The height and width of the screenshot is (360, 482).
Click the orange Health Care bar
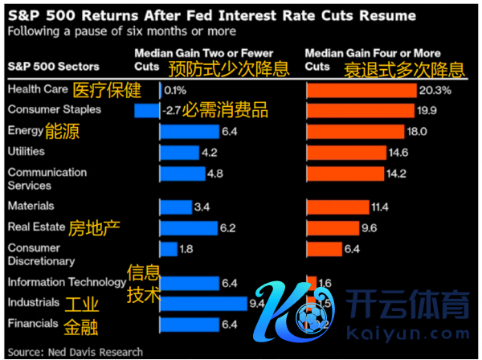click(361, 90)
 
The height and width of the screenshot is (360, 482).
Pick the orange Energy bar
click(356, 131)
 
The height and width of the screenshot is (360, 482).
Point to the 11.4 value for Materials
click(380, 207)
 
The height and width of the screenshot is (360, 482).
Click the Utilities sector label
click(26, 151)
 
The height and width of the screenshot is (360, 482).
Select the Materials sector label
click(31, 207)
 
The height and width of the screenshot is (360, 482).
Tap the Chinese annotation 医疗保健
click(107, 88)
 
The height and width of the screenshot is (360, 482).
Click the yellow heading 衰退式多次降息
click(405, 68)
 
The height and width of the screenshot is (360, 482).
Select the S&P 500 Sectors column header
click(54, 66)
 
